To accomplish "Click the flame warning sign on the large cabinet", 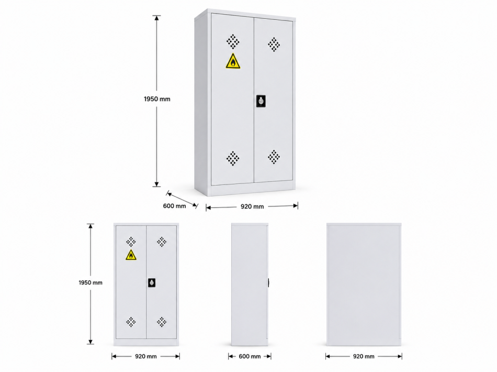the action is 233,61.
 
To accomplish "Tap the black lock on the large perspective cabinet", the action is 261,101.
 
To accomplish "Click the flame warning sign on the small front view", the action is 131,255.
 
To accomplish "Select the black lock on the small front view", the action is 152,282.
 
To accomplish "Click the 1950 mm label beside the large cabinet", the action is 157,99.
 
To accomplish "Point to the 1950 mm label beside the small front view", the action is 91,282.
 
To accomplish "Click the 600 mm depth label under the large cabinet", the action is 174,206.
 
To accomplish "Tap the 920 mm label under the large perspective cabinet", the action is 252,206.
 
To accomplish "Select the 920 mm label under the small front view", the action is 146,356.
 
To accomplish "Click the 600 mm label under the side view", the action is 250,356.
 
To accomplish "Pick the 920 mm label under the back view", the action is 364,356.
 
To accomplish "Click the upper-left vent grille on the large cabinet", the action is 233,41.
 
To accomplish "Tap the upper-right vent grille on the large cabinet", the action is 274,45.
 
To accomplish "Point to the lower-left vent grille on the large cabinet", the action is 233,158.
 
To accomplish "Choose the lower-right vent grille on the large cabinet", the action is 274,157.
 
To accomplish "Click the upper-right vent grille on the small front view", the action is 162,242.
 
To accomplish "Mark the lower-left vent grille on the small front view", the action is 131,322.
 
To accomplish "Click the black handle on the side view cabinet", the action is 268,282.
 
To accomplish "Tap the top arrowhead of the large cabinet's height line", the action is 156,18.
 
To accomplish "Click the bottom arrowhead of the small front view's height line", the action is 91,342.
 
